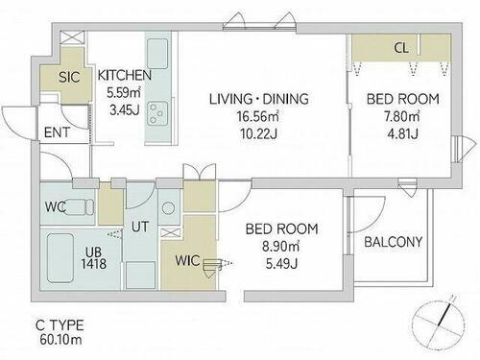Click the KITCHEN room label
(x=125, y=75)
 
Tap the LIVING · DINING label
(x=259, y=99)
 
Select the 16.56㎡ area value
(x=258, y=116)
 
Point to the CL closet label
(x=401, y=48)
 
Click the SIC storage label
(x=69, y=77)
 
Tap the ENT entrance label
(x=57, y=132)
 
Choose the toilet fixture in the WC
(x=80, y=206)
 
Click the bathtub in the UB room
(x=60, y=258)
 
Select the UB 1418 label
(x=93, y=258)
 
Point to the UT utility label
(x=140, y=227)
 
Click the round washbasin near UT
(x=168, y=208)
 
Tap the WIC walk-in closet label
(x=187, y=260)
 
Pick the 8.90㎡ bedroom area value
(x=281, y=247)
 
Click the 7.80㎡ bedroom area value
(x=402, y=116)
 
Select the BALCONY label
(x=394, y=242)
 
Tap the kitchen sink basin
(x=157, y=54)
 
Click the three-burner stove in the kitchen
(x=157, y=113)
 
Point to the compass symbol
(x=439, y=324)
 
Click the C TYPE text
(x=60, y=325)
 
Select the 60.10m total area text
(x=60, y=340)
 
